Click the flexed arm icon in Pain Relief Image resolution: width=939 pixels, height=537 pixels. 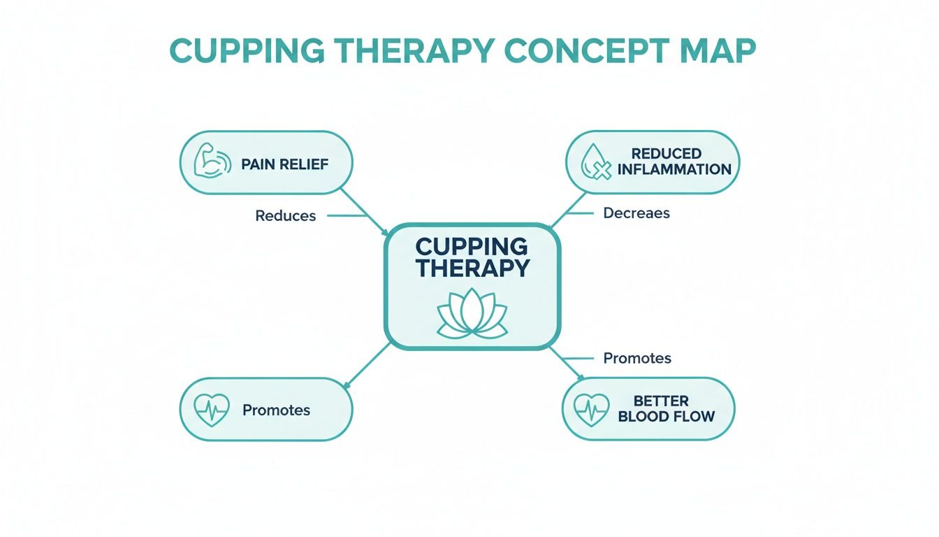(210, 162)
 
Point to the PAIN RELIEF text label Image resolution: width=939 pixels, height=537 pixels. (284, 164)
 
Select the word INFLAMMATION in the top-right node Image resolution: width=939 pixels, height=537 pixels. (674, 169)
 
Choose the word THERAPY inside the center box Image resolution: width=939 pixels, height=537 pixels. (472, 268)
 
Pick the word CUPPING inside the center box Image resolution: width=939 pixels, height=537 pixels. (472, 246)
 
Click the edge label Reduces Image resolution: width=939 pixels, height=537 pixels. (285, 216)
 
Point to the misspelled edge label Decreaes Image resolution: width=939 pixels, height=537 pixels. (636, 213)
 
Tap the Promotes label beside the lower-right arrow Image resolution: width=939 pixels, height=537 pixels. (636, 358)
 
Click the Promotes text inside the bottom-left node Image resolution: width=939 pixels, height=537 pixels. (276, 410)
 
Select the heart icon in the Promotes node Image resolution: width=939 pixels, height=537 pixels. (210, 410)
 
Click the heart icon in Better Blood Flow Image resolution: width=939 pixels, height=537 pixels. (591, 409)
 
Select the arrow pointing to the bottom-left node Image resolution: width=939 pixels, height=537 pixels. (367, 364)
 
